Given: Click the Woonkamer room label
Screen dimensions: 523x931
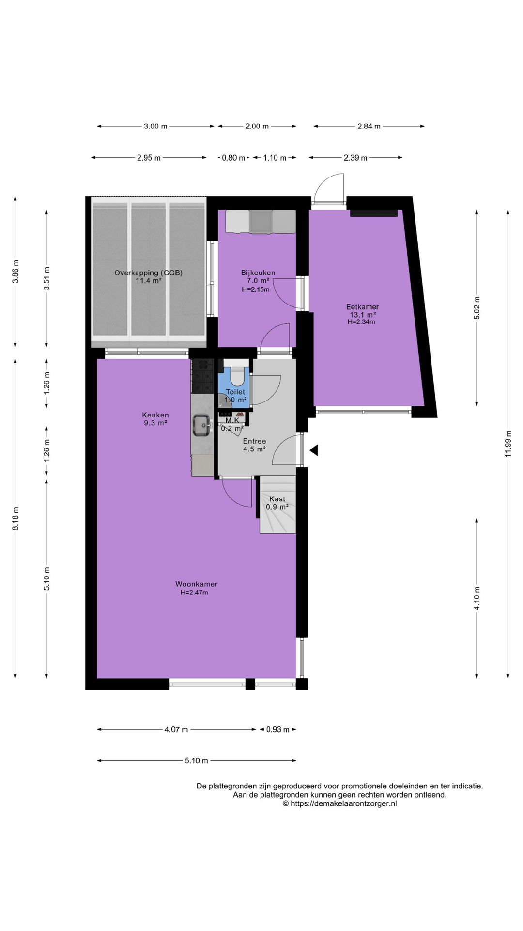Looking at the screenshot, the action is (196, 584).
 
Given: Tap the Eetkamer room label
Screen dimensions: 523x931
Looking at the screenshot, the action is (362, 307).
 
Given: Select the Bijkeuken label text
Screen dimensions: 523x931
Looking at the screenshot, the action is (258, 273).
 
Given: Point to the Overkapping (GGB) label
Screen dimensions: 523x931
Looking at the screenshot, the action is (149, 273).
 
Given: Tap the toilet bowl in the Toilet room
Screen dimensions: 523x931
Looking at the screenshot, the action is (238, 376).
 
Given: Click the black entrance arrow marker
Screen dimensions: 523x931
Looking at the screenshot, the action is (314, 450).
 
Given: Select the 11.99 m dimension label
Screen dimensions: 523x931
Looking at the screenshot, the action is (508, 443).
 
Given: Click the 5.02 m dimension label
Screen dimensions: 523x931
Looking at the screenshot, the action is (477, 308).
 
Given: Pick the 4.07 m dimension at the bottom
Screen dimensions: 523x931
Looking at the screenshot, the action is (176, 729).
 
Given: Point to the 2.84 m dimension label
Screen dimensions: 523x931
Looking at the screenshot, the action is (369, 126).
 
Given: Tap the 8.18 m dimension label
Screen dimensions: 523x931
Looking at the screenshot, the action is (15, 518).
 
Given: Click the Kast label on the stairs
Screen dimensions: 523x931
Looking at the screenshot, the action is (277, 499).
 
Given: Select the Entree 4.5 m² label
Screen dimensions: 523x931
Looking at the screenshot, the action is (254, 445).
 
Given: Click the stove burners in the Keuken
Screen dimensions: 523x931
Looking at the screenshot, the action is (202, 376).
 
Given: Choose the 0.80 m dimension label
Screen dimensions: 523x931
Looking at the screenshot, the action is (233, 158).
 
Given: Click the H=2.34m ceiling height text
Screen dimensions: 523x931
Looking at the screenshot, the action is (361, 321).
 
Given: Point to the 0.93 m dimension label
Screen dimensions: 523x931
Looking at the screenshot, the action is (278, 729).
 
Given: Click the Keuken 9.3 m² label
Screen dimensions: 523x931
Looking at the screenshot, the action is (155, 419).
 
